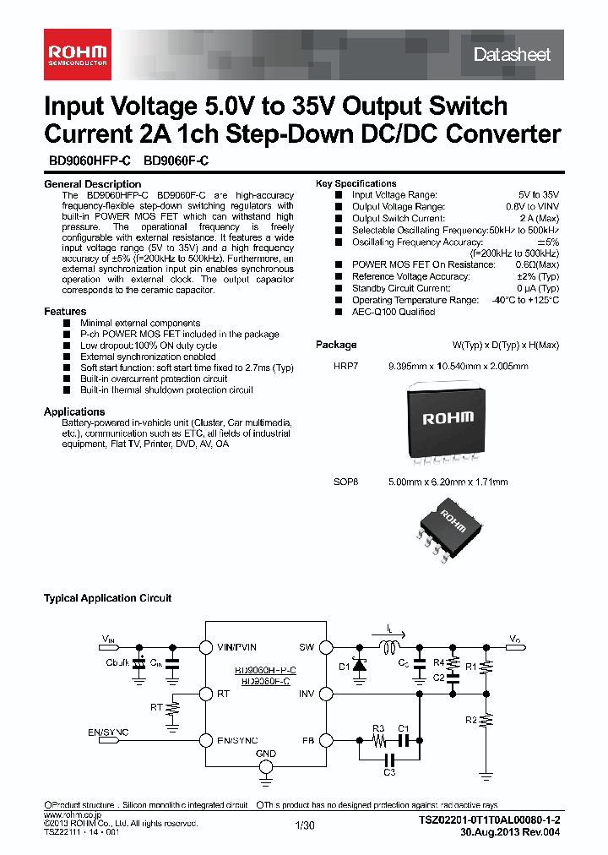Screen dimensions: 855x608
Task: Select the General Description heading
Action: tap(92, 184)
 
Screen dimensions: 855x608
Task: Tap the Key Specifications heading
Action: tap(356, 183)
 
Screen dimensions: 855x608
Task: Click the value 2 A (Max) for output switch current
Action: tap(537, 218)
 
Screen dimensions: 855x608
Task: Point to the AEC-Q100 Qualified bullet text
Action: tap(394, 312)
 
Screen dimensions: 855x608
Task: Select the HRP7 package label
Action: tap(345, 366)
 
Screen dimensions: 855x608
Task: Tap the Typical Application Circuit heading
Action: tap(107, 598)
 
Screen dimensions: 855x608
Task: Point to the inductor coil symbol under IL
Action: tap(390, 649)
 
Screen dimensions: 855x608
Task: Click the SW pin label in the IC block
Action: tap(306, 647)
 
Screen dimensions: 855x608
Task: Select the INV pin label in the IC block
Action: tap(306, 694)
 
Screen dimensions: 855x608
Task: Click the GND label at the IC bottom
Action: tap(265, 753)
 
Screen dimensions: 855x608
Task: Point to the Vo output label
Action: tap(515, 639)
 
